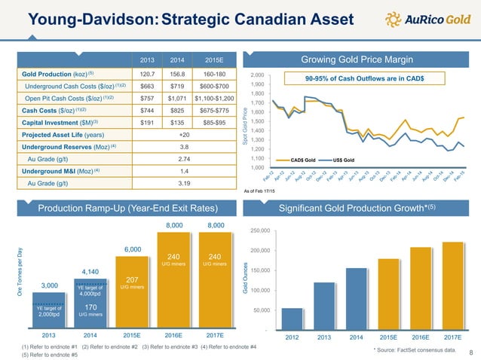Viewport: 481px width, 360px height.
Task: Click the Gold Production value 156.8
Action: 179,76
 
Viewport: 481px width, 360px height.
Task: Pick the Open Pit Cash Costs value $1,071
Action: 179,97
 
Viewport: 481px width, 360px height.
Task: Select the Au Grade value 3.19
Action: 179,183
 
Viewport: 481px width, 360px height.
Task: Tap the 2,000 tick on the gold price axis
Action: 256,76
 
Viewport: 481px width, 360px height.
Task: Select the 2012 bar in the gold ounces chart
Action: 293,319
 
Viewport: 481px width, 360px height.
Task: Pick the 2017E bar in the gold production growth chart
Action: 452,285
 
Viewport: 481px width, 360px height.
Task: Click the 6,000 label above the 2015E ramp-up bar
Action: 133,249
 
